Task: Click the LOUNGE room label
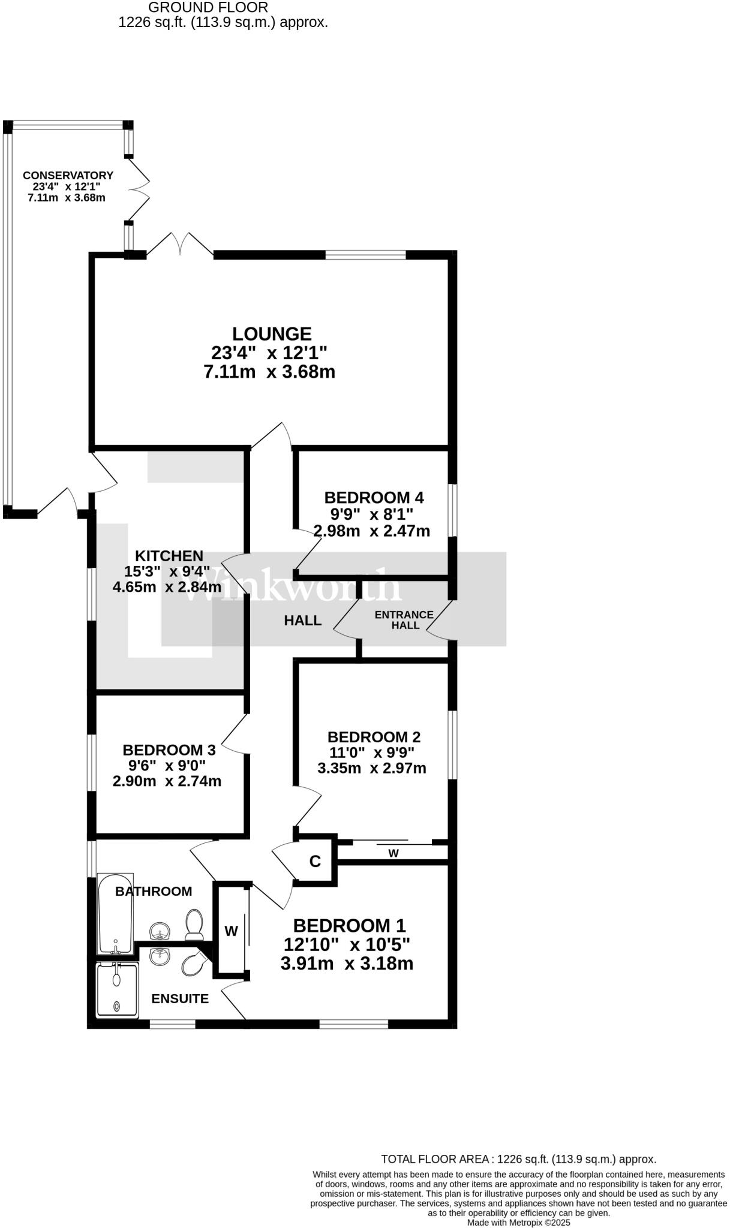(x=272, y=333)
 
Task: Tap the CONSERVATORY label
(x=68, y=175)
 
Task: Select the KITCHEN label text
(x=169, y=556)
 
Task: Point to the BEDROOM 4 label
(x=374, y=497)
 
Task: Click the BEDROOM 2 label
(x=374, y=737)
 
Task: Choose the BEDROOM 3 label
(x=169, y=750)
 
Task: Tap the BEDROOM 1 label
(x=349, y=925)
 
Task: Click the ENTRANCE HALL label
(x=404, y=619)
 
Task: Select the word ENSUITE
(x=180, y=998)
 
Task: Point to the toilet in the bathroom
(x=195, y=924)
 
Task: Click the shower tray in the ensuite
(x=117, y=990)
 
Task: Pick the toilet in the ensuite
(x=194, y=964)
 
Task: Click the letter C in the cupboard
(x=315, y=862)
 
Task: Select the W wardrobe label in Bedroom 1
(x=231, y=931)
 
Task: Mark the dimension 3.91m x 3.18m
(x=347, y=964)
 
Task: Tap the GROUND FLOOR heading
(x=208, y=7)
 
